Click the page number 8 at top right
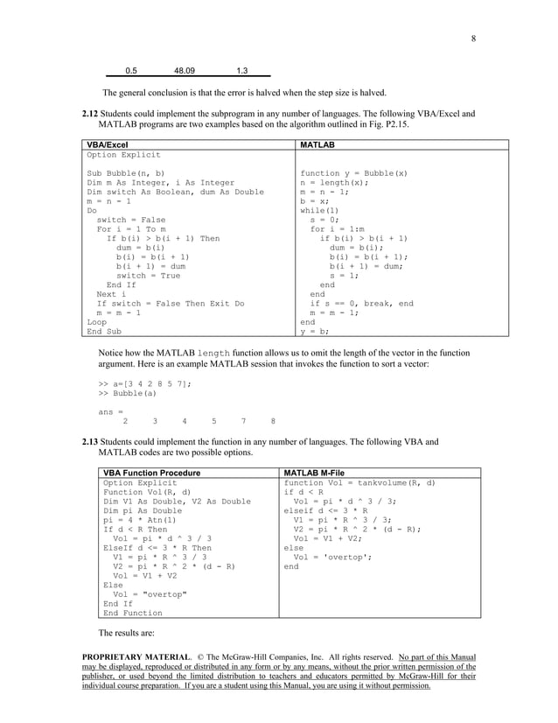pos(473,38)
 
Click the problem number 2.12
pos(89,114)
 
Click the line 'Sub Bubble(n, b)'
pos(125,173)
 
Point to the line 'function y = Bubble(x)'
pos(353,173)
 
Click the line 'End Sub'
pos(104,332)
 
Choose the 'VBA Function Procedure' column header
pos(151,473)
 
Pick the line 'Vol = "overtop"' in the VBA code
pos(144,595)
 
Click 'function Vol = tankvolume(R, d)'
pos(359,482)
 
